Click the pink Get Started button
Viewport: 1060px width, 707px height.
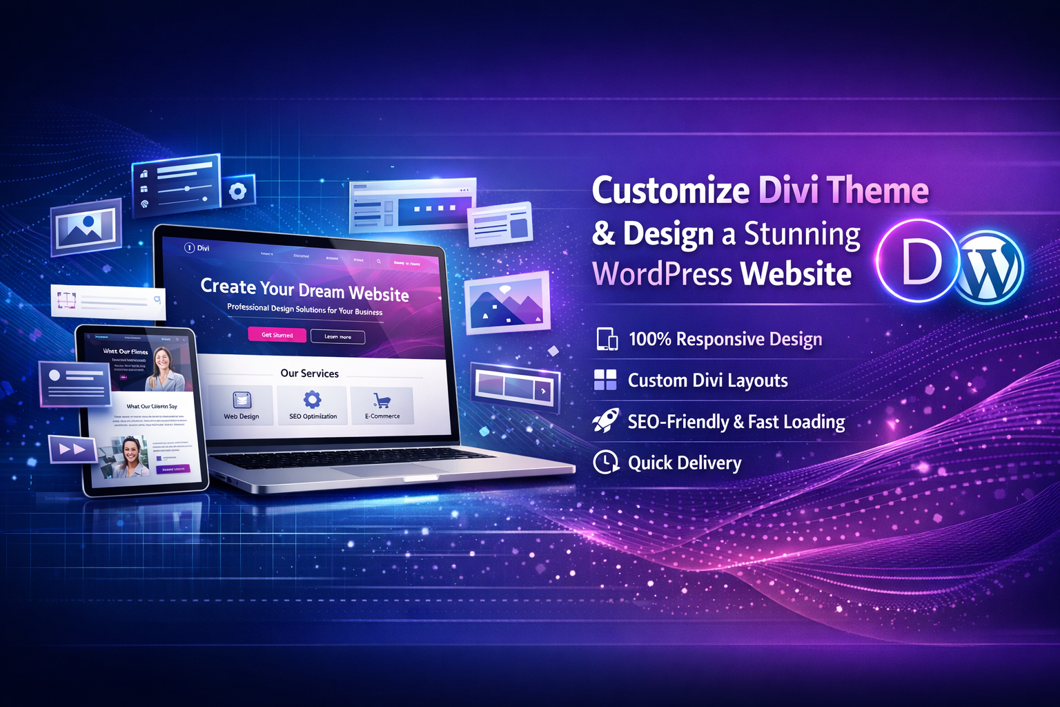(277, 335)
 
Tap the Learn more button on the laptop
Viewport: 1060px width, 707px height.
(337, 336)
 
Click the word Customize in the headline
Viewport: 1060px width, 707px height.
(671, 191)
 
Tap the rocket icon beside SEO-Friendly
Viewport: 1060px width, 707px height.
(605, 420)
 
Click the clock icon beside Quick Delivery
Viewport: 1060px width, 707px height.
(606, 462)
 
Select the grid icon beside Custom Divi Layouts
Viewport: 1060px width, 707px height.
(605, 380)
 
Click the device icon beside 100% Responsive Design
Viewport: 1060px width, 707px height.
(607, 339)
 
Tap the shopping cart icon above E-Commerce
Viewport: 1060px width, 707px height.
(382, 400)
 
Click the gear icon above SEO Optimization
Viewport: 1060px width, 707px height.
(313, 399)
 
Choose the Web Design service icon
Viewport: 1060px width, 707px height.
(242, 400)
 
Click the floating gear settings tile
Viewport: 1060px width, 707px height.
(238, 191)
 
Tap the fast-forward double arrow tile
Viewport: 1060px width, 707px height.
(72, 449)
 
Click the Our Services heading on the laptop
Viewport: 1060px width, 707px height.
(309, 374)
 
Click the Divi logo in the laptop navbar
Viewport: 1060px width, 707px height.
(197, 248)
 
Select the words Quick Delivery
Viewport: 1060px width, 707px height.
(685, 463)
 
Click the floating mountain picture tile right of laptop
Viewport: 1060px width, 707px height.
(507, 302)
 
